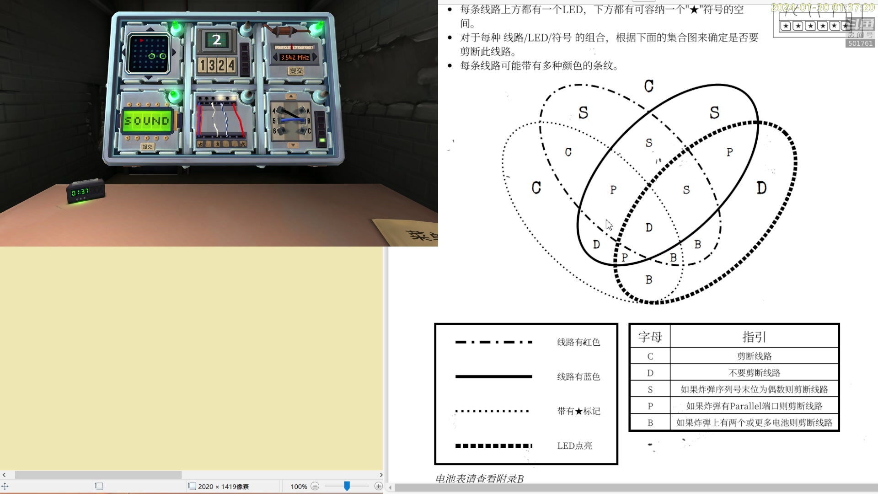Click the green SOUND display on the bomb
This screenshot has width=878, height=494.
(147, 121)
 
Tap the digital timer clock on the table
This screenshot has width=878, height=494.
(85, 192)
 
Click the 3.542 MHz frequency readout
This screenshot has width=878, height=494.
(295, 58)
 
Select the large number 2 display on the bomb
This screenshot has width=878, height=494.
(217, 40)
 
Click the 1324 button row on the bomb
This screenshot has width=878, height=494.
(217, 65)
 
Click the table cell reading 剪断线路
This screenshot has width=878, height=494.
(754, 356)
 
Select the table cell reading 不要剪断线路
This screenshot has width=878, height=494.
(754, 373)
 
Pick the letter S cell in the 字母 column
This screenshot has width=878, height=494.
(650, 390)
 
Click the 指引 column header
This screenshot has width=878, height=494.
(754, 337)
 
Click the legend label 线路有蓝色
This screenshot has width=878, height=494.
(578, 376)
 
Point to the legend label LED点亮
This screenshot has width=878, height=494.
(574, 446)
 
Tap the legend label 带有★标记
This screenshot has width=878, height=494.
(578, 411)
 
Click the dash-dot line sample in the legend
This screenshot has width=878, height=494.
(493, 342)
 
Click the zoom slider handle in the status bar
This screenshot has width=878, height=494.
(347, 486)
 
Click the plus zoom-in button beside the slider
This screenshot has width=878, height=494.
(378, 486)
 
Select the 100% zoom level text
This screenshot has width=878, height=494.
(299, 487)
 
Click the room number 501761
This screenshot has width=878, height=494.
(860, 43)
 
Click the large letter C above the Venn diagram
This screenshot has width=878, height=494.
(648, 86)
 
